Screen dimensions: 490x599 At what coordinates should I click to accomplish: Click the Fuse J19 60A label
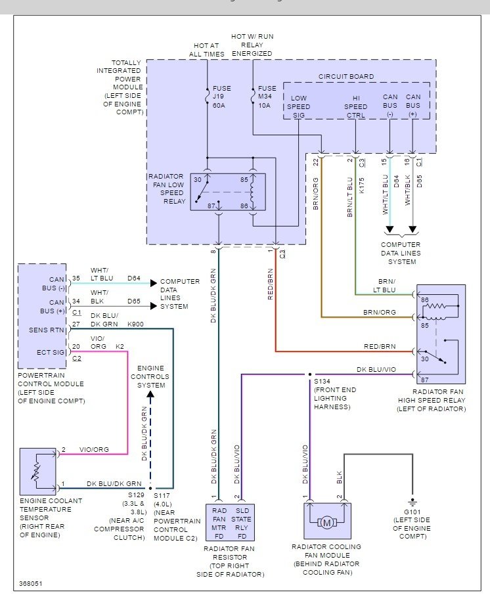click(221, 97)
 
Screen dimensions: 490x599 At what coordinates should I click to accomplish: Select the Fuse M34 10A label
click(267, 97)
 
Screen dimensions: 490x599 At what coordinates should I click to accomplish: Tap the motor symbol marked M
click(327, 523)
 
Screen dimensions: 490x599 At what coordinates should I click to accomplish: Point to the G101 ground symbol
click(412, 502)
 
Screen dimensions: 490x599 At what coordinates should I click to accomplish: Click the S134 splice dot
click(310, 374)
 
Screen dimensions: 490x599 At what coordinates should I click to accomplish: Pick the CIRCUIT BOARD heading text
click(346, 76)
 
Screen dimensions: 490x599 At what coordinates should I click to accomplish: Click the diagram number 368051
click(31, 584)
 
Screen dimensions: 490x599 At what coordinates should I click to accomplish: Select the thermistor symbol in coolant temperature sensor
click(37, 471)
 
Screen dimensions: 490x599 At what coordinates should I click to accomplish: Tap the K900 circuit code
click(135, 324)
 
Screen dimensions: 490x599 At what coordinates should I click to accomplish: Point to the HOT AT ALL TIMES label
click(207, 50)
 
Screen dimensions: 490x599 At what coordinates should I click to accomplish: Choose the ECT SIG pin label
click(51, 352)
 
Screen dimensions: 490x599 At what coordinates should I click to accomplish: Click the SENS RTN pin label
click(46, 330)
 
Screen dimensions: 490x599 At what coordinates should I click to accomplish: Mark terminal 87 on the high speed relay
click(425, 380)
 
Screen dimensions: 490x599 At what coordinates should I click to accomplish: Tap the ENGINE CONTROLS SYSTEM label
click(150, 376)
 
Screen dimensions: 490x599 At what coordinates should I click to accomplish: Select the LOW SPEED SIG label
click(299, 106)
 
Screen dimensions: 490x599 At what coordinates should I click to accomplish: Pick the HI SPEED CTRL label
click(355, 106)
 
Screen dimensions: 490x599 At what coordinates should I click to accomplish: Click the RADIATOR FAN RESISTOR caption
click(230, 562)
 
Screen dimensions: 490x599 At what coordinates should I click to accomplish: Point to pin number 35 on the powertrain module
click(76, 278)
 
